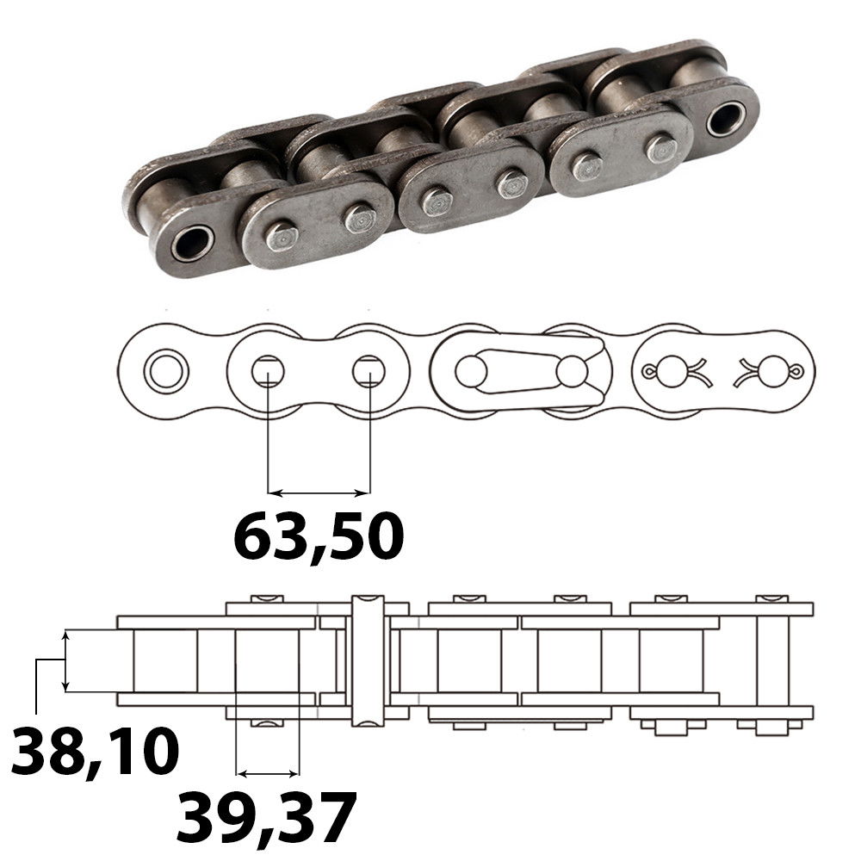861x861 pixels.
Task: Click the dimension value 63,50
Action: coord(319,536)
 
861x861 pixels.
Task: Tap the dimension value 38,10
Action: coord(95,751)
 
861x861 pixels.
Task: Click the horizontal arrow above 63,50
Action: coord(319,492)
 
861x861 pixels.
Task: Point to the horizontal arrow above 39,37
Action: coord(268,774)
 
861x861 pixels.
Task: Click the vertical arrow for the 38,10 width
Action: coord(66,660)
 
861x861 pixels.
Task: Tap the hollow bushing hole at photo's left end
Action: coord(192,242)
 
